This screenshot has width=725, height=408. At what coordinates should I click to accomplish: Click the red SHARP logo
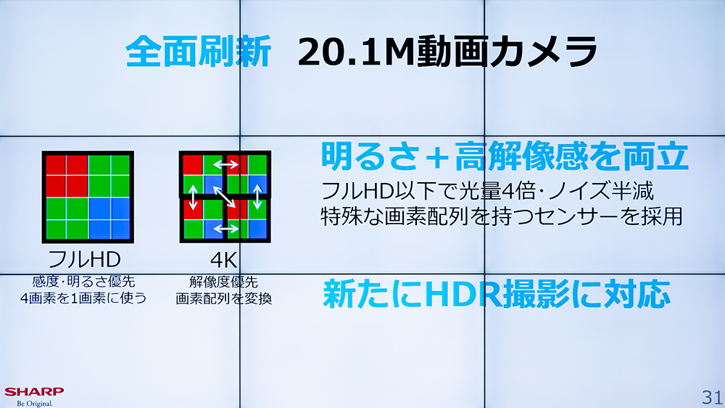(34, 392)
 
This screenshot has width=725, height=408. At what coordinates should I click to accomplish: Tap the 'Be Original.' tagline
(35, 404)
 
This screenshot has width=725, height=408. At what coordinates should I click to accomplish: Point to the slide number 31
(712, 397)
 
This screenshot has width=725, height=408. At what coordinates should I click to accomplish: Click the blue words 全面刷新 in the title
(199, 52)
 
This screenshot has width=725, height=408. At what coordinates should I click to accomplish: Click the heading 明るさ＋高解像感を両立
(505, 156)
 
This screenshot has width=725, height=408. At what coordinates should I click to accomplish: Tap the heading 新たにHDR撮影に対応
(497, 293)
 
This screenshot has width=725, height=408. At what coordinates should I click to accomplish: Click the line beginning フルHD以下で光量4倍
(487, 191)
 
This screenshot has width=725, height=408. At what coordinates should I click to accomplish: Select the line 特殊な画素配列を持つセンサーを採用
(502, 216)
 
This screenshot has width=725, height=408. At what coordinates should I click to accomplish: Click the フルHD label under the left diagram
(84, 259)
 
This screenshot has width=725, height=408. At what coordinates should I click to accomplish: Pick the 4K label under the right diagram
(224, 260)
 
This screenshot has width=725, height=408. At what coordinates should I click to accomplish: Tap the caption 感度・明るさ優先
(83, 281)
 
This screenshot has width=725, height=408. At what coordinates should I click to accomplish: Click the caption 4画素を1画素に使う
(83, 298)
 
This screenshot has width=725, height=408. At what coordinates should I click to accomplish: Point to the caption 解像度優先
(224, 282)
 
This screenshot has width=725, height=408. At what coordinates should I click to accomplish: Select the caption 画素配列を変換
(224, 298)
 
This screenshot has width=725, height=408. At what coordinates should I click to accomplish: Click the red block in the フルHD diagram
(67, 176)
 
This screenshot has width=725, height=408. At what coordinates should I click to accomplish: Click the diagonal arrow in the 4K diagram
(224, 197)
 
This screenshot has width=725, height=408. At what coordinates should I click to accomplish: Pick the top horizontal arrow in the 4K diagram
(225, 164)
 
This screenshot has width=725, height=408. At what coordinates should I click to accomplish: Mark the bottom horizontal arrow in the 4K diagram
(225, 228)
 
